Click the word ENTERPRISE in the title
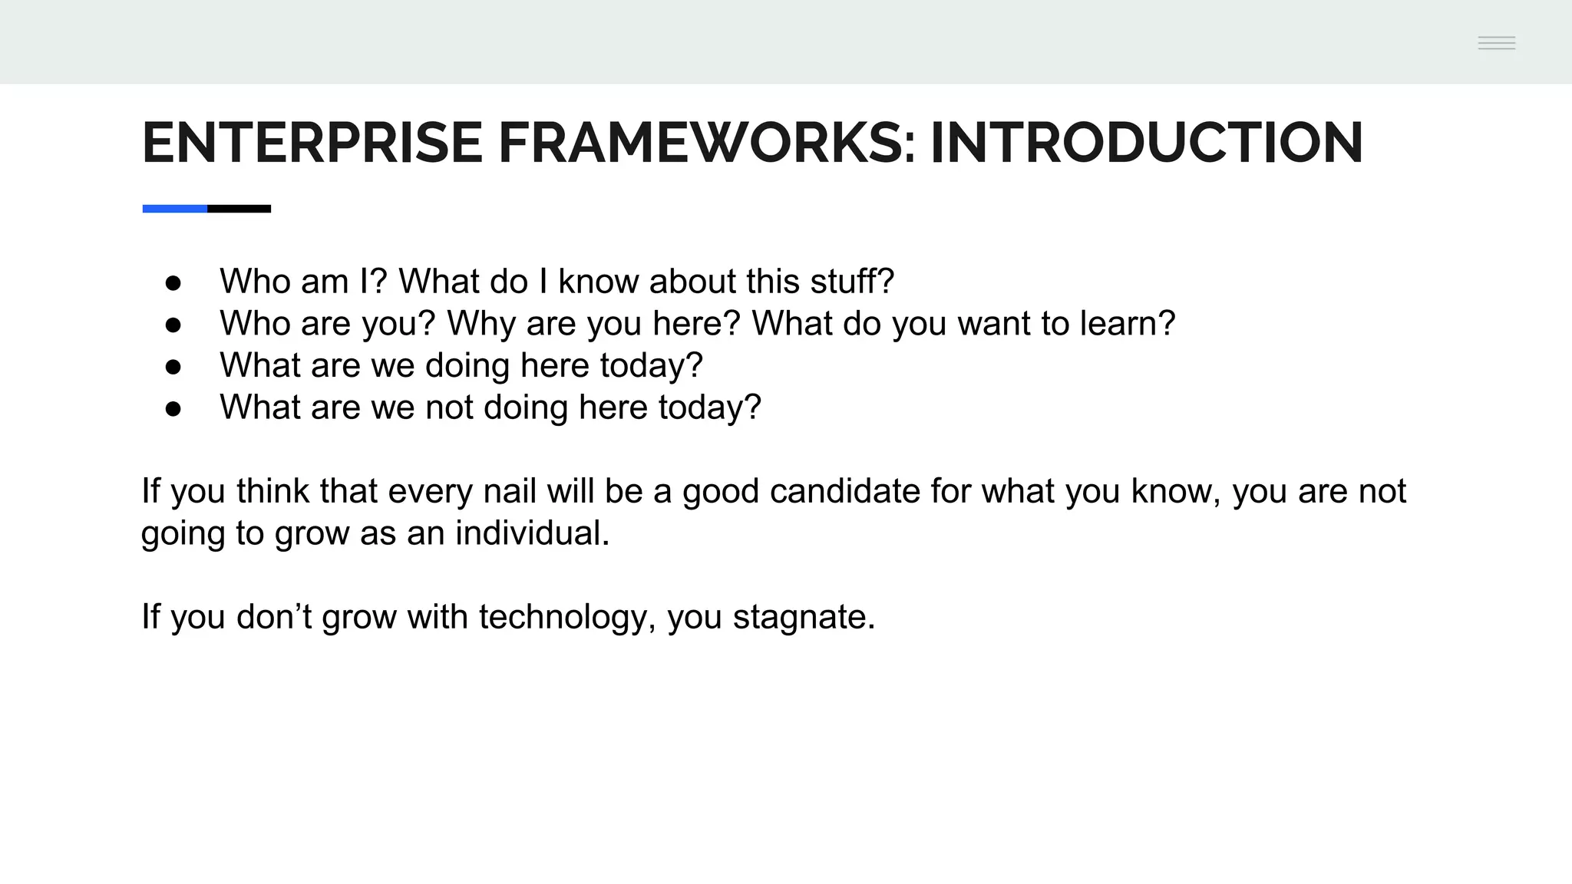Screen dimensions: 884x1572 [312, 143]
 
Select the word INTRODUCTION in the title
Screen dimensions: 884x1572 [1146, 143]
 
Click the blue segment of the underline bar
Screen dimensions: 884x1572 [175, 209]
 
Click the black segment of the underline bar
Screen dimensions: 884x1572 [239, 209]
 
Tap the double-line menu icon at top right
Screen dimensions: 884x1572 [1496, 43]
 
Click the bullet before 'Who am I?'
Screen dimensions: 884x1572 [173, 283]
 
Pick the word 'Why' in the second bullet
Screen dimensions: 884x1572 [481, 324]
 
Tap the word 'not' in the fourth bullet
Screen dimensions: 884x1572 [449, 407]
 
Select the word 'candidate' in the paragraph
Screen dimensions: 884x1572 [844, 491]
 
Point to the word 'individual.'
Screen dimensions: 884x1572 [532, 533]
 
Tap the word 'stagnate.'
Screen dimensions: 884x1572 [804, 617]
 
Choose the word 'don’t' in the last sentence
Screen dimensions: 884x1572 [273, 617]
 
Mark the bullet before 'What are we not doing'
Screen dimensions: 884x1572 [173, 409]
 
